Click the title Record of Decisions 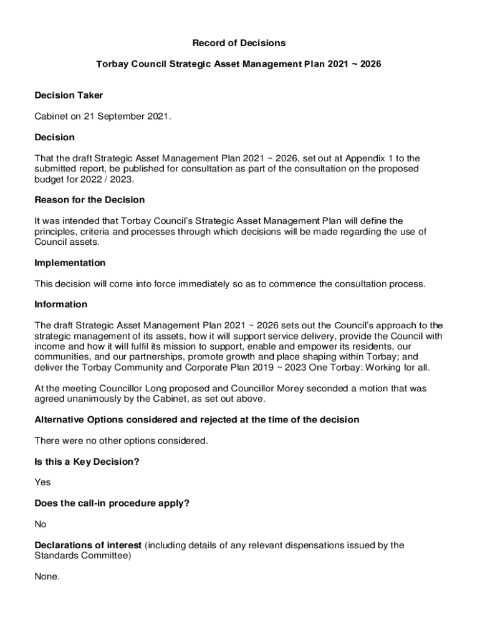239,43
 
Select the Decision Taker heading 69,95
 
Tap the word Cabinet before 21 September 52,117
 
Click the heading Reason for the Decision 90,200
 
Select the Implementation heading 70,263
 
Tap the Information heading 61,305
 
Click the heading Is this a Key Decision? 87,462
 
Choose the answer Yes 42,482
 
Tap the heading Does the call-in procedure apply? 112,503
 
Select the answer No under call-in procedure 41,525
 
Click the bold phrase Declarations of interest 88,545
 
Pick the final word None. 47,577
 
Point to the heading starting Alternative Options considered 197,420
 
